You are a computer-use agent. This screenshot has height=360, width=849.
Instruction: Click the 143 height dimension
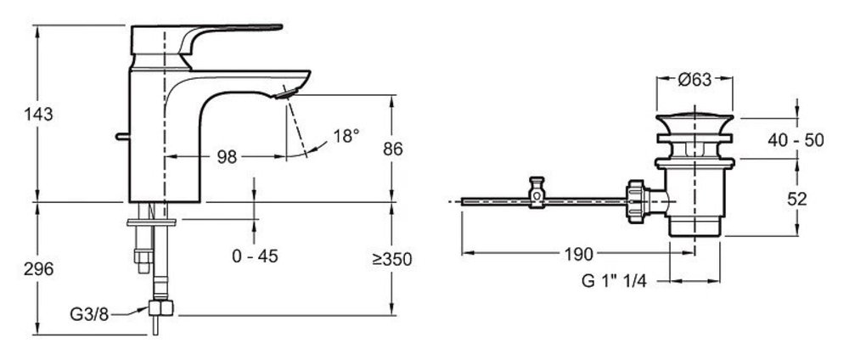pyautogui.click(x=38, y=115)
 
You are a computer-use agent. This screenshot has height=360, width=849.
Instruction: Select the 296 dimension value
pyautogui.click(x=38, y=269)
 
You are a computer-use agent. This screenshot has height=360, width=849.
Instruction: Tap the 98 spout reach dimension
pyautogui.click(x=227, y=157)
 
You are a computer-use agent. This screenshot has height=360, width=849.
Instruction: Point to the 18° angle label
pyautogui.click(x=346, y=136)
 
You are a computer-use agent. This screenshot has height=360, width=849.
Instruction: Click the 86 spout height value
pyautogui.click(x=392, y=149)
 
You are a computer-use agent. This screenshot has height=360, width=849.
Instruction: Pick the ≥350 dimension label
pyautogui.click(x=392, y=259)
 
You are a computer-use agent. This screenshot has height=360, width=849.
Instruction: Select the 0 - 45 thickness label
pyautogui.click(x=255, y=256)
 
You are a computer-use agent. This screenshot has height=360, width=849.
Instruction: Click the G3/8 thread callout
pyautogui.click(x=89, y=314)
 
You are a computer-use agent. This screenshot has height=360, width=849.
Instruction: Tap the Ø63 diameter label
pyautogui.click(x=694, y=80)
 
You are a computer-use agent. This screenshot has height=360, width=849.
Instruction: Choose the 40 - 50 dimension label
pyautogui.click(x=796, y=140)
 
